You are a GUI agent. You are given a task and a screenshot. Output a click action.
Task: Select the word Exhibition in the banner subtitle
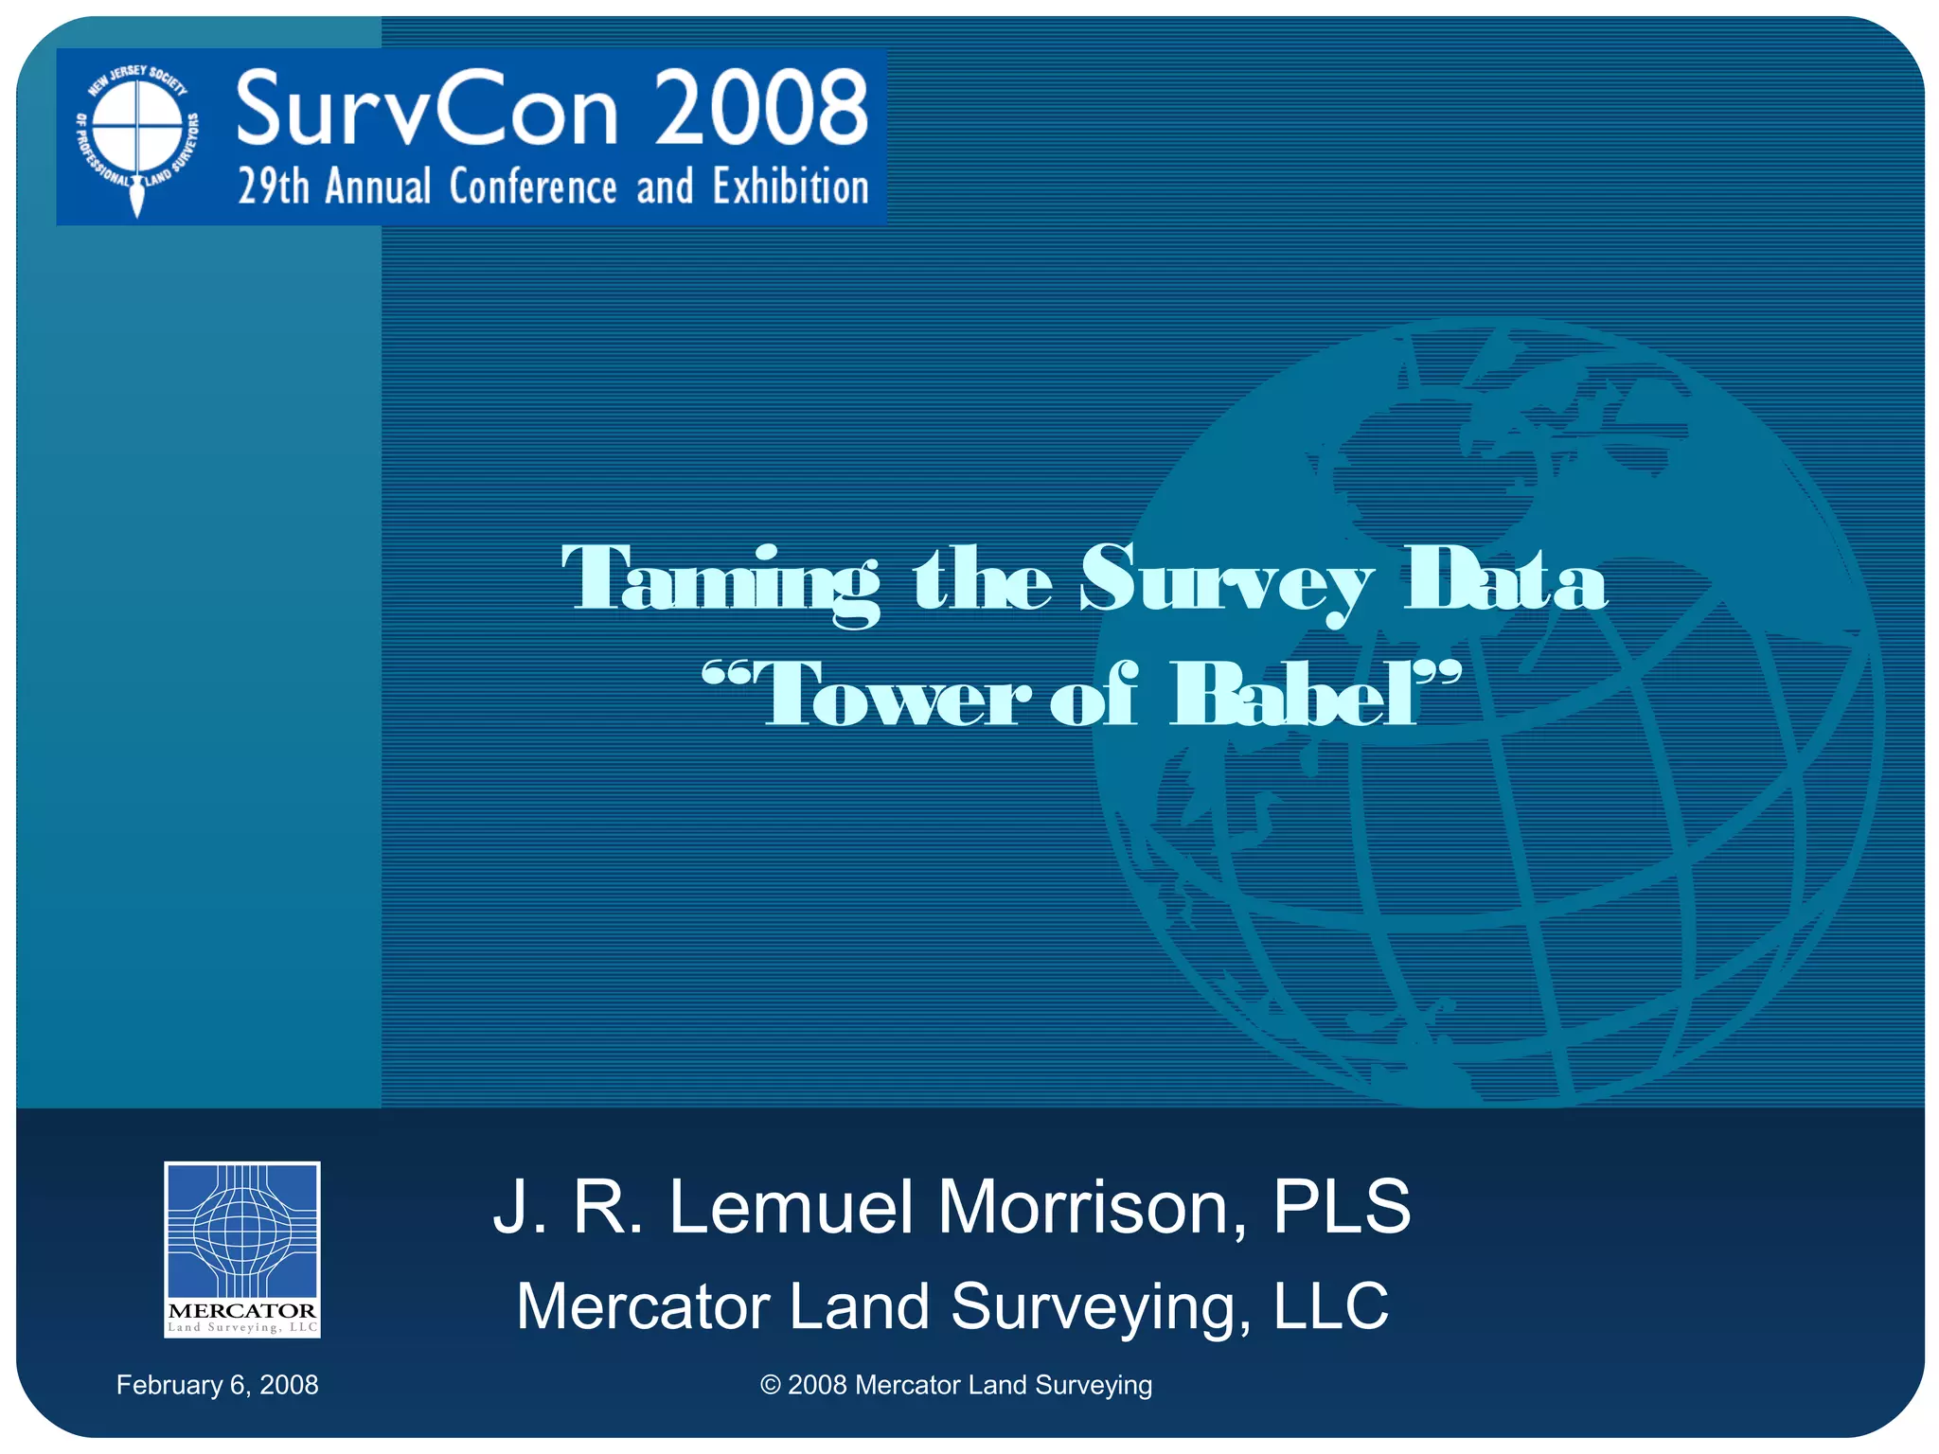tap(791, 186)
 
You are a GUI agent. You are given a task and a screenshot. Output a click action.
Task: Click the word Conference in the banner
tap(533, 186)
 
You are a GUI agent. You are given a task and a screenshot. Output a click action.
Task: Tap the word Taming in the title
tap(720, 579)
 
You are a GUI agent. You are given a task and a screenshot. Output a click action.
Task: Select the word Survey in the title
tap(1226, 579)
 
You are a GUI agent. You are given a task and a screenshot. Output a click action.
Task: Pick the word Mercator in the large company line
tap(643, 1306)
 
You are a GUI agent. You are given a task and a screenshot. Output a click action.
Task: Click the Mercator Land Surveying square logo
tap(242, 1249)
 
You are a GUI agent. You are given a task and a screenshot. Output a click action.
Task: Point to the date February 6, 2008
tap(217, 1385)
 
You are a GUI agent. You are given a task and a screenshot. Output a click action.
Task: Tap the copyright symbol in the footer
tap(771, 1385)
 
